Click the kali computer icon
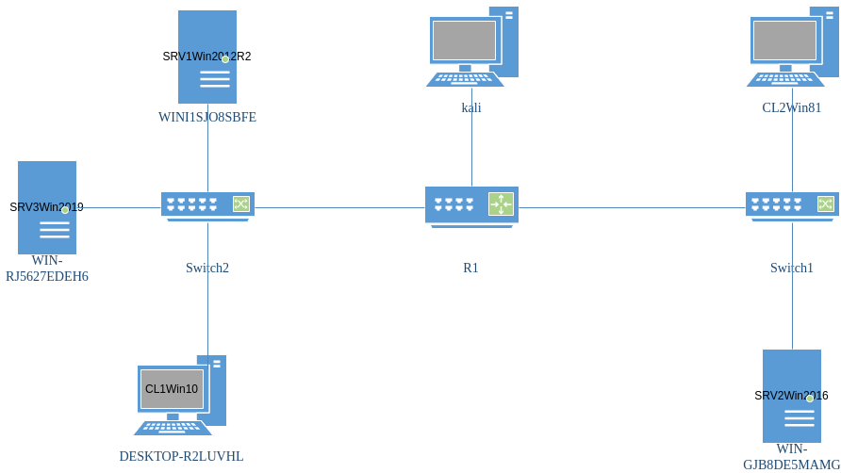(471, 46)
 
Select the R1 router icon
(471, 206)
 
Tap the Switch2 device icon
(207, 205)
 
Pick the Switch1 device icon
(792, 205)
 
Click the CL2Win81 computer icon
(792, 46)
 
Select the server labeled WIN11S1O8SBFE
(207, 57)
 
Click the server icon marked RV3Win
(47, 207)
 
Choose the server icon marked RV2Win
(792, 396)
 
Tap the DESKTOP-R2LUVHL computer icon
(180, 395)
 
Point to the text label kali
(471, 107)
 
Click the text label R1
(470, 268)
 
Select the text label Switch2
(207, 268)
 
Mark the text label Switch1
(792, 268)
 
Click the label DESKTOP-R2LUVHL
(181, 456)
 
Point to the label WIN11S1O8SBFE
(207, 118)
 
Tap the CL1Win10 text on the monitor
(172, 388)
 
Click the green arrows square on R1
(500, 204)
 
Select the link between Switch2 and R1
(339, 207)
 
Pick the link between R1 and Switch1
(632, 207)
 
